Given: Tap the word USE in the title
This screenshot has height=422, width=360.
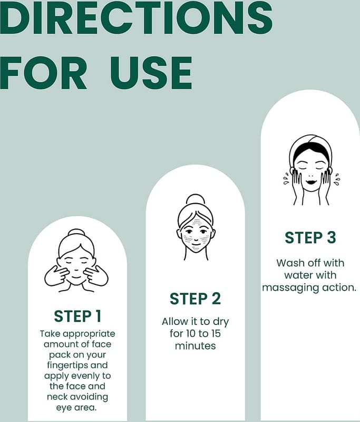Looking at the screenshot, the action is coord(151,73).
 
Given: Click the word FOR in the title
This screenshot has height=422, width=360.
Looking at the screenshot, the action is coord(44,73).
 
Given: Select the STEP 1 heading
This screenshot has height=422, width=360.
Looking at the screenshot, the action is coord(77,316).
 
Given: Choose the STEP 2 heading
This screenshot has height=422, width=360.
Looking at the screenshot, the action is coord(195,299).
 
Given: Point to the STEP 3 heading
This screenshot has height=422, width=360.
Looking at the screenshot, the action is coord(310,238).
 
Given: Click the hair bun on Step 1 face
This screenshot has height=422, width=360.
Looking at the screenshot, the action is coord(76,233).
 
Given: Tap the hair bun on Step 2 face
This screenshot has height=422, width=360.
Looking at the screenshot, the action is coord(196,199).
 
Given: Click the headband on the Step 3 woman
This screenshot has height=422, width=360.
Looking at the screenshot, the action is coord(311,146).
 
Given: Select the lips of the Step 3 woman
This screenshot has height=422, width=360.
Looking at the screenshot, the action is coord(311,181).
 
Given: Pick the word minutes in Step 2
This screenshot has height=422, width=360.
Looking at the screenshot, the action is coord(195,346).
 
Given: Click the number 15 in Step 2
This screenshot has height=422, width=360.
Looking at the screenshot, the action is coord(216,334).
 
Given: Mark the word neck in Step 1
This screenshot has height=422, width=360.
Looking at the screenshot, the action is coord(57,397).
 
